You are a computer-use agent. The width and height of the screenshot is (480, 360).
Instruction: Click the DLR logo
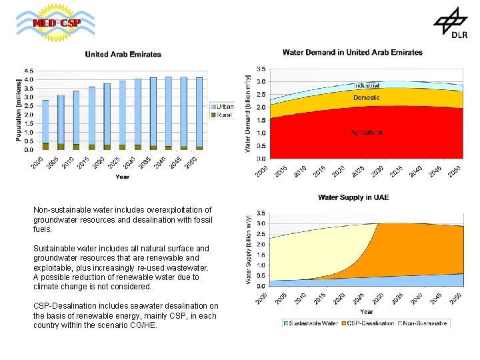(x=451, y=25)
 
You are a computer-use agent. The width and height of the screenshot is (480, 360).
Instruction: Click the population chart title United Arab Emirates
(x=123, y=54)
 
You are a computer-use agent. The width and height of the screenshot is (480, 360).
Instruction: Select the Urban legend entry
(x=222, y=106)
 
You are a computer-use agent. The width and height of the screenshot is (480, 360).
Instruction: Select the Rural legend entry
(x=222, y=115)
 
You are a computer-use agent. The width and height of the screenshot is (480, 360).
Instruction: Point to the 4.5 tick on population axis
(x=29, y=70)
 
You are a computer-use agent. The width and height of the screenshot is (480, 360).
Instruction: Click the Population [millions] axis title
(x=19, y=109)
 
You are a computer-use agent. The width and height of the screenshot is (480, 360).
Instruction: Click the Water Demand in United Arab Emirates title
(x=352, y=52)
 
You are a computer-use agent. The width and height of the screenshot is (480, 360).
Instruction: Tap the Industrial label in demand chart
(x=367, y=86)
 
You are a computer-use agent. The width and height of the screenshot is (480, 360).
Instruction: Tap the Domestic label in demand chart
(x=366, y=98)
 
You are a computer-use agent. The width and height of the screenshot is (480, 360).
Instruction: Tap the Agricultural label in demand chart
(x=367, y=133)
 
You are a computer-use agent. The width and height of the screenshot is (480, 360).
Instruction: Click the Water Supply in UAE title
(x=353, y=197)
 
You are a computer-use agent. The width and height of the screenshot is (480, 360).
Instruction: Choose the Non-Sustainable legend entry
(x=425, y=323)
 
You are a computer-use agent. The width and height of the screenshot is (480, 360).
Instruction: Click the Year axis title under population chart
(x=122, y=177)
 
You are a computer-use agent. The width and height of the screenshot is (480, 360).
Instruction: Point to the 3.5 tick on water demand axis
(x=262, y=68)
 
